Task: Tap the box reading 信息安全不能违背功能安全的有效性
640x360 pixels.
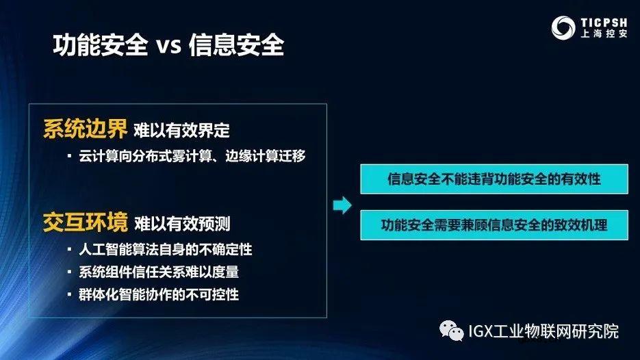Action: pos(494,179)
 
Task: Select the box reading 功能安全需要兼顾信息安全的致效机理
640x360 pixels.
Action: pos(494,224)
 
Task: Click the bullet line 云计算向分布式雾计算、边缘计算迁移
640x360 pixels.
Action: pos(192,156)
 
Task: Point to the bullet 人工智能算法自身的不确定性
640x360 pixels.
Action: pos(170,249)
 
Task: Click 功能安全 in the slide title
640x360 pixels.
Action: pos(101,46)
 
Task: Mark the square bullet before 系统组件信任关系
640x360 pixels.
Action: pos(70,272)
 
